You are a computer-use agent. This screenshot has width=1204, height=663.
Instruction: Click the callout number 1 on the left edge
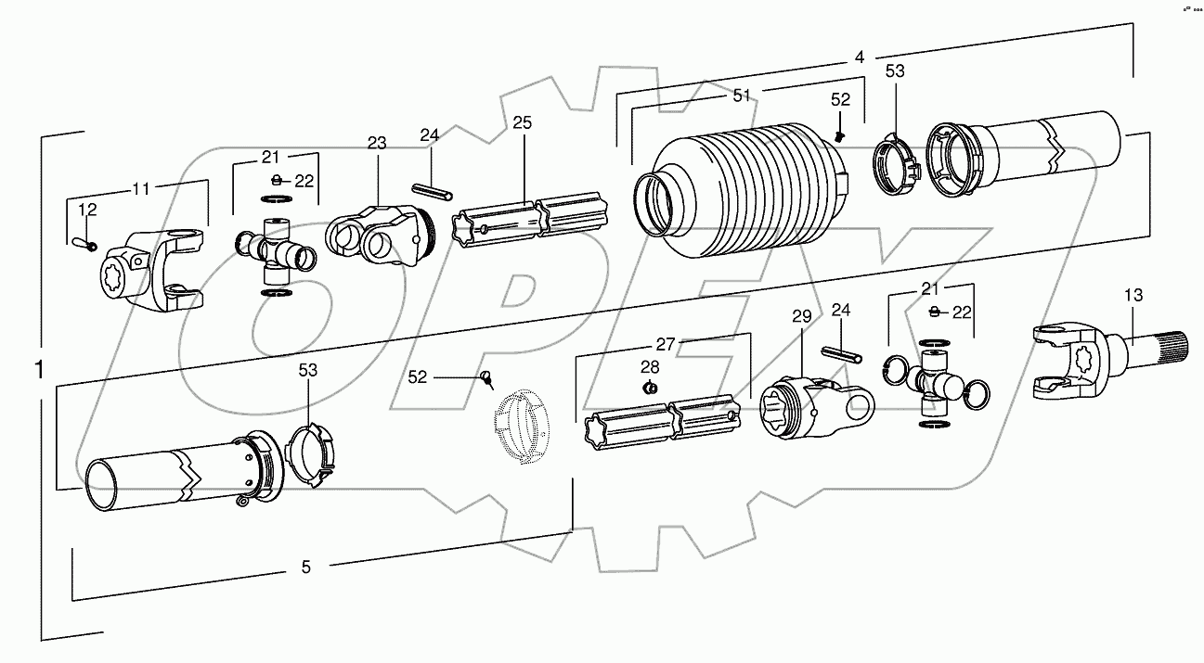point(39,370)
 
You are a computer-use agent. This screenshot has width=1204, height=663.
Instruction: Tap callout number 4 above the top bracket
point(860,57)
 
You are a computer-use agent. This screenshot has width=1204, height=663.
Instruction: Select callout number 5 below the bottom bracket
point(306,567)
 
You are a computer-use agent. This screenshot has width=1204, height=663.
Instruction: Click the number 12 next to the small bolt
point(86,210)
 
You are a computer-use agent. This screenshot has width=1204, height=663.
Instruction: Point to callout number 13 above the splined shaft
point(1133,296)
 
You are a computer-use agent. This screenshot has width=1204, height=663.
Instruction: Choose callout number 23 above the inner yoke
point(376,144)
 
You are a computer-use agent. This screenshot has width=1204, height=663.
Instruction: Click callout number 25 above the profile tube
point(522,123)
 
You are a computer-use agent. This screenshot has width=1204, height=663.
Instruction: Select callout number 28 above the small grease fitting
point(652,366)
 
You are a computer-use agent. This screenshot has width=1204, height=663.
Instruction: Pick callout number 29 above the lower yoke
point(802,317)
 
